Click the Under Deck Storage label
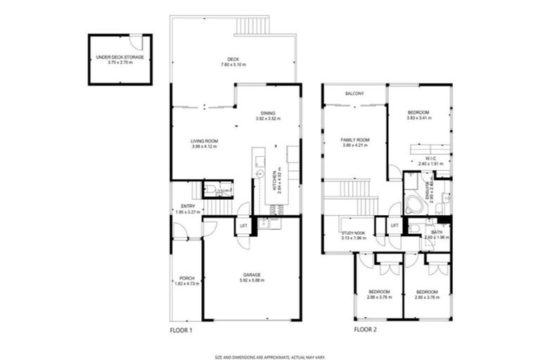tap(120, 57)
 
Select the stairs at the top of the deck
tap(253, 25)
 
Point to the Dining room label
tap(267, 112)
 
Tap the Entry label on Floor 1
tap(187, 206)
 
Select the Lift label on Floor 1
tap(243, 226)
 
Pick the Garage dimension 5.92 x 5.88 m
tap(252, 280)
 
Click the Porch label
tap(187, 278)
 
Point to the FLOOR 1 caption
tap(181, 329)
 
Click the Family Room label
tap(355, 140)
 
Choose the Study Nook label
tap(352, 233)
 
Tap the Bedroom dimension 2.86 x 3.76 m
tap(378, 297)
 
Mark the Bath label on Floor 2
tap(437, 231)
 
